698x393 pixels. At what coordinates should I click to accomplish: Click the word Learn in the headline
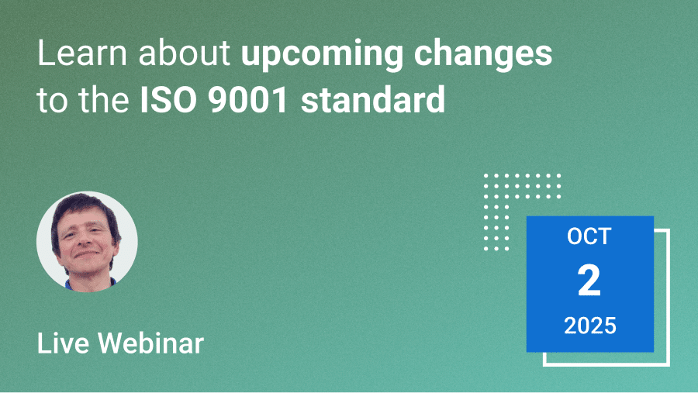82,53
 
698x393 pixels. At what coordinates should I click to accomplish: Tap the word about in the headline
185,53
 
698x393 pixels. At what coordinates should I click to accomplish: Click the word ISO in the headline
168,99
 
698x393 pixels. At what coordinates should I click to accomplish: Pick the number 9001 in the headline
248,99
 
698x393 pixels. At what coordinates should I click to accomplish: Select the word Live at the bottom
63,343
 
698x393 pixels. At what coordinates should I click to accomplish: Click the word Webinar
151,343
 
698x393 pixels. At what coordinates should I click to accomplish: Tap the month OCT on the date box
589,236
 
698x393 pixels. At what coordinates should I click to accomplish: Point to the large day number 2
589,281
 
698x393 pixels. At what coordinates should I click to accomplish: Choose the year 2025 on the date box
590,326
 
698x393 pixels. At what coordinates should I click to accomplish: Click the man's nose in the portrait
86,241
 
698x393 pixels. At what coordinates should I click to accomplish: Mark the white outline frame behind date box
669,298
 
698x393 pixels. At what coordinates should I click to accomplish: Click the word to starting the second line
53,99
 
